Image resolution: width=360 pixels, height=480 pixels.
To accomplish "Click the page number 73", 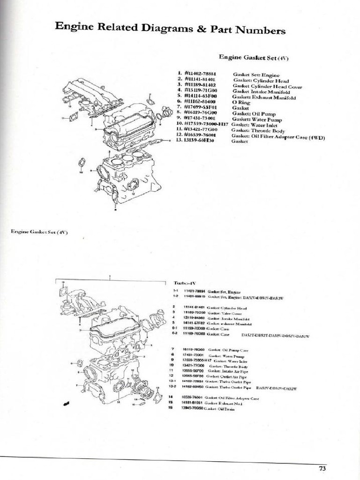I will click(x=322, y=467).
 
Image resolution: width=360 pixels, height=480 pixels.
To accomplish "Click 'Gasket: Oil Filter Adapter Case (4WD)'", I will click(x=278, y=137).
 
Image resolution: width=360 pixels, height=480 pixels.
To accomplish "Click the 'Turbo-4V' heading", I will click(x=184, y=283).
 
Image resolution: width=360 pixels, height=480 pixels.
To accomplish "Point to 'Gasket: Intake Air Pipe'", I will click(x=227, y=371).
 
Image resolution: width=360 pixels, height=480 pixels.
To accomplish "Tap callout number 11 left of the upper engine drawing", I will click(x=62, y=118).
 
